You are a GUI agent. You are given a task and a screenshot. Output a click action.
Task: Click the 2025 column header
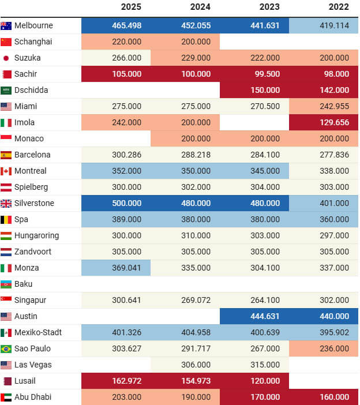(131, 7)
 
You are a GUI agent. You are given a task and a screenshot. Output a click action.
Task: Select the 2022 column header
(339, 7)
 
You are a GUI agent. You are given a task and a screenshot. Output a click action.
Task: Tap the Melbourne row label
(33, 25)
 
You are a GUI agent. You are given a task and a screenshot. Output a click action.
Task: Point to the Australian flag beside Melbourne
(6, 25)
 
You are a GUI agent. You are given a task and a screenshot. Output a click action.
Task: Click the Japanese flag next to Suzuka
(6, 58)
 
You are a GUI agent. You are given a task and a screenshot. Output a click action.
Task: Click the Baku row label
(24, 284)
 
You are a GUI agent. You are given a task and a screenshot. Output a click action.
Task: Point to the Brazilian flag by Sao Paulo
(6, 348)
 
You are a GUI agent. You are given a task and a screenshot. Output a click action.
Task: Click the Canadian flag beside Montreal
(6, 171)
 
